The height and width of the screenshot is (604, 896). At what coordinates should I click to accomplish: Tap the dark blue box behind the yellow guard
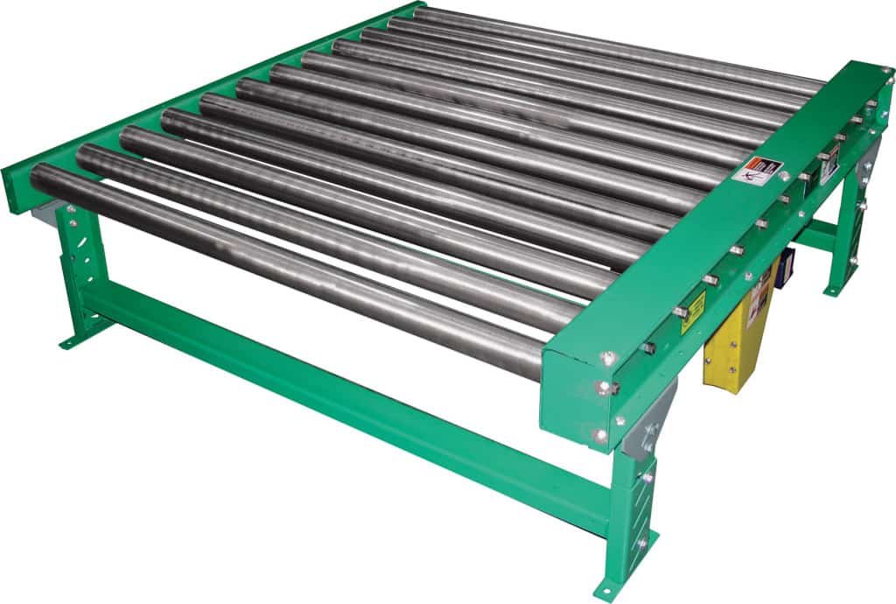click(785, 262)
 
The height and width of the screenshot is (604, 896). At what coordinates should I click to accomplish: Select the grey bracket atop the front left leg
click(48, 210)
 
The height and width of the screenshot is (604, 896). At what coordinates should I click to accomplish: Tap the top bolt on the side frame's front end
click(606, 356)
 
